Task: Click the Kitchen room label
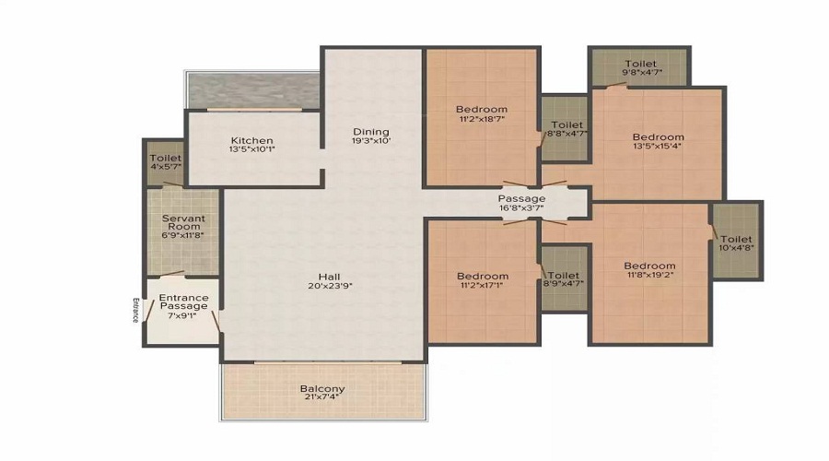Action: [251, 141]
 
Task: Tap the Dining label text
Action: [371, 132]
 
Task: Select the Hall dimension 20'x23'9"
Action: [322, 286]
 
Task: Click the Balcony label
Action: [322, 389]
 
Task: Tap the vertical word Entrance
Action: [134, 310]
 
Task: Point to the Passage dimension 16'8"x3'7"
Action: [521, 209]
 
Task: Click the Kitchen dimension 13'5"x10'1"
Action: [251, 151]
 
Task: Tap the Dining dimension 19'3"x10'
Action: [371, 142]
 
